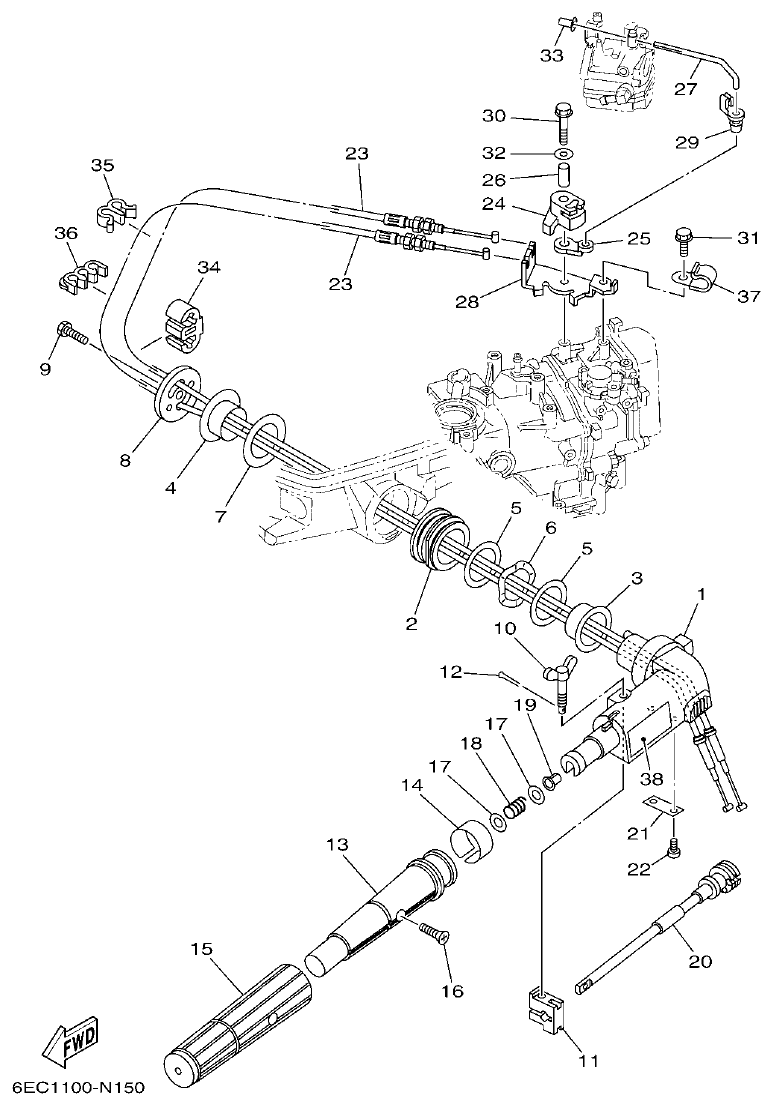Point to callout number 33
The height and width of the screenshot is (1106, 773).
click(552, 55)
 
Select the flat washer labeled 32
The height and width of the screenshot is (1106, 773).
click(563, 155)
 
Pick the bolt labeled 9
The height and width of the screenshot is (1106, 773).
click(73, 332)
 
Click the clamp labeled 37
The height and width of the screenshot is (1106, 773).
click(693, 282)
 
